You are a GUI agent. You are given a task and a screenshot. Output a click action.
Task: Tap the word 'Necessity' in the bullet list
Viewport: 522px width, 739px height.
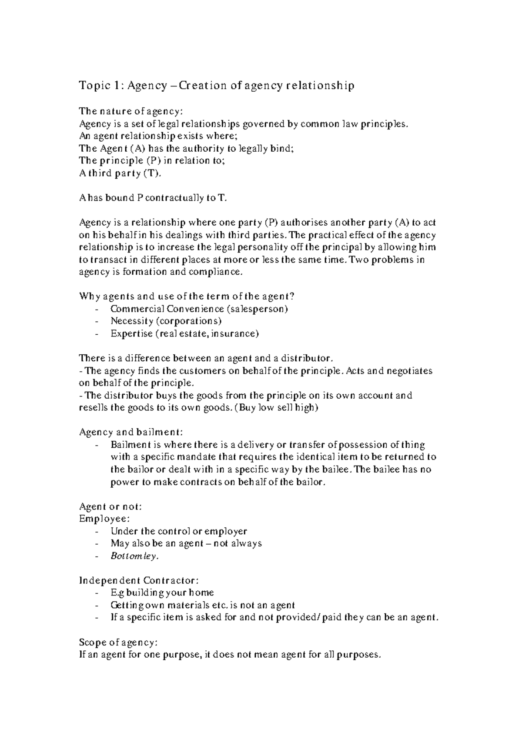point(132,321)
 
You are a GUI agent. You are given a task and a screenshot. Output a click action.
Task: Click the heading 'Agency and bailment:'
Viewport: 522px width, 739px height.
point(131,433)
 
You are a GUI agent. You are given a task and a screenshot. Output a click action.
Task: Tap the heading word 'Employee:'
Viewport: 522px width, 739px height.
point(104,519)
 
